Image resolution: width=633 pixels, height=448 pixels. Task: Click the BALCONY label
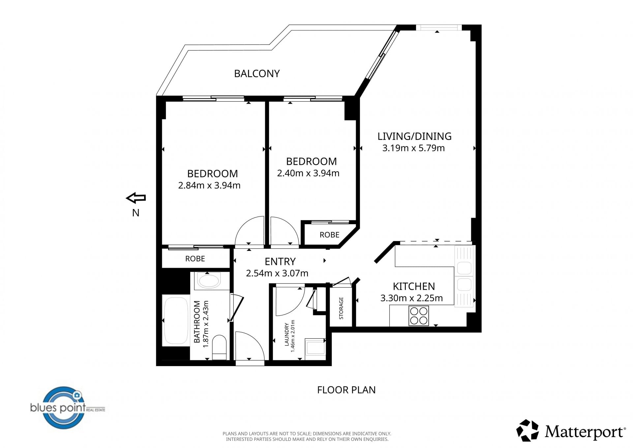click(257, 73)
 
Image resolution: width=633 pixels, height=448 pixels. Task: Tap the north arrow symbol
click(136, 198)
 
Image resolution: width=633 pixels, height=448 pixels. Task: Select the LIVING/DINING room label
click(414, 136)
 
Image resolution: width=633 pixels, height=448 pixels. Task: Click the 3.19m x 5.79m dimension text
click(413, 148)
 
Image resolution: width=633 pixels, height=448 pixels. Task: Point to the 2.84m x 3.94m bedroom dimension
click(209, 185)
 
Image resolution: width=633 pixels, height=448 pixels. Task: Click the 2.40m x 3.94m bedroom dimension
click(308, 173)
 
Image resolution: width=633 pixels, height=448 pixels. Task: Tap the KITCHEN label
click(414, 286)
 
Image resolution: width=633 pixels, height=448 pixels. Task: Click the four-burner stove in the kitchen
click(419, 316)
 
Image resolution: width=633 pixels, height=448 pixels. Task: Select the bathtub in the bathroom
click(176, 321)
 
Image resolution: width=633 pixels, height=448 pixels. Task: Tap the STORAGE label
click(341, 308)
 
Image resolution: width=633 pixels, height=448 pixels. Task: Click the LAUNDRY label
click(286, 334)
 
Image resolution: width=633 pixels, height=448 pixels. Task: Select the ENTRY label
click(280, 261)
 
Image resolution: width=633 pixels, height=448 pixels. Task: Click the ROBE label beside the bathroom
click(195, 258)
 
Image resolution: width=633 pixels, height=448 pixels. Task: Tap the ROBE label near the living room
click(329, 235)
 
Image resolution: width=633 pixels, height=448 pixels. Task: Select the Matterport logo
click(571, 431)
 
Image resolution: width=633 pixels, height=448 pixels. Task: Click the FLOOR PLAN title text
click(346, 390)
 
